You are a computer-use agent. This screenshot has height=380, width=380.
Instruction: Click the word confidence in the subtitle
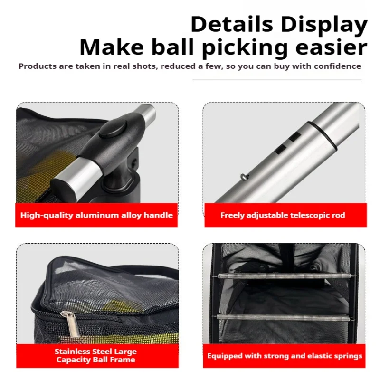pos(336,66)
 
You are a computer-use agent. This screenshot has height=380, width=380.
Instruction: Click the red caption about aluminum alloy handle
pos(96,215)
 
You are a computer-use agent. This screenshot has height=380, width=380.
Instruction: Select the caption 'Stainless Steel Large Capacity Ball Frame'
pos(95,355)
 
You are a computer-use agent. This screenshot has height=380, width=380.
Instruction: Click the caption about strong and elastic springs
pos(285,356)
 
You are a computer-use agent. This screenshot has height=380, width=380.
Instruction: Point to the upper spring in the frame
pos(284,276)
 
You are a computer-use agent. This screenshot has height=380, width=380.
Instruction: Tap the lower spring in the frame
pos(284,317)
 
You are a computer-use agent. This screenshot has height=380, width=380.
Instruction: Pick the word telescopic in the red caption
pos(311,215)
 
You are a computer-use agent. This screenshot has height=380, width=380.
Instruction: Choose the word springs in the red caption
pos(347,356)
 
